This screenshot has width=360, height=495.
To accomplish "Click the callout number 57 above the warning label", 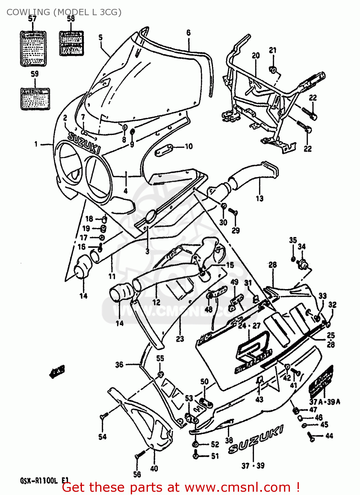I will click(x=32, y=18).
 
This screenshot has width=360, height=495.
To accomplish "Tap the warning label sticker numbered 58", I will click(x=71, y=44).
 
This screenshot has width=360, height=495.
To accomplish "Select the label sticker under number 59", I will click(x=35, y=98).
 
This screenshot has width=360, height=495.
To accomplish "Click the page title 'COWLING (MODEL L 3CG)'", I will click(x=64, y=12).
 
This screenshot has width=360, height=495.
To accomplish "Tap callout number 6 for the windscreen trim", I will click(x=188, y=32).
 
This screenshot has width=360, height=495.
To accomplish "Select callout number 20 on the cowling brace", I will click(x=256, y=55).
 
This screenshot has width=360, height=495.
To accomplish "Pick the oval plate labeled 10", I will click(x=164, y=150).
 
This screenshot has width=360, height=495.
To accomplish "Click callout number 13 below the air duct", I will click(x=260, y=198).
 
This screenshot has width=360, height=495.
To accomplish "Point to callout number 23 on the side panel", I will click(x=180, y=339).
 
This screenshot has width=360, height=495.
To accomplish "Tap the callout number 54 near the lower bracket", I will click(x=102, y=437).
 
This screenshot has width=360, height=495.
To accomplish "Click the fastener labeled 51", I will click(x=196, y=456).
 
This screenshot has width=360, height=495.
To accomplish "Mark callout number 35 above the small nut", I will click(x=293, y=240).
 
